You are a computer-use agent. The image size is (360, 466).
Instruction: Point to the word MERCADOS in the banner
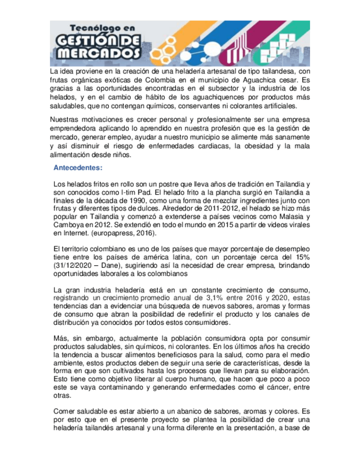[98, 53]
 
